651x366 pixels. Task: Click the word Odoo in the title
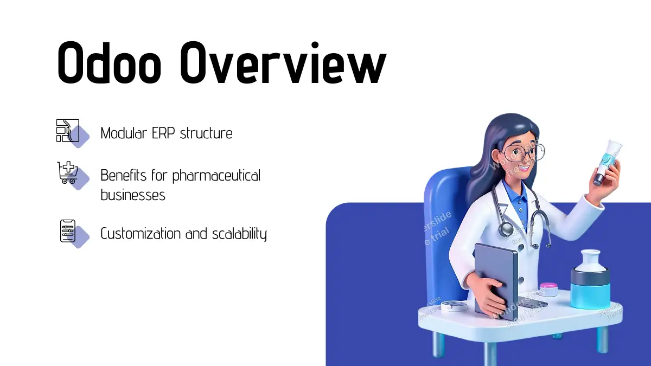pyautogui.click(x=109, y=63)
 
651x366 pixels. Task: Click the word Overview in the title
pyautogui.click(x=283, y=63)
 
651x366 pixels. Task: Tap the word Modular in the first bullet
pyautogui.click(x=124, y=133)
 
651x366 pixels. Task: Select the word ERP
pyautogui.click(x=163, y=133)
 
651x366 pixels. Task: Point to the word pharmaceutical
pyautogui.click(x=216, y=176)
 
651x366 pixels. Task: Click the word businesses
pyautogui.click(x=133, y=195)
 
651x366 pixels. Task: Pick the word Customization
pyautogui.click(x=141, y=234)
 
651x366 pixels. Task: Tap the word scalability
pyautogui.click(x=239, y=234)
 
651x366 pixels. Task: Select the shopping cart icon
pyautogui.click(x=68, y=172)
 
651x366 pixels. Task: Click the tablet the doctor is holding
pyautogui.click(x=496, y=281)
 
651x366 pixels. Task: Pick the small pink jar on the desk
pyautogui.click(x=548, y=290)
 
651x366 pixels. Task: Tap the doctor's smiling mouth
pyautogui.click(x=526, y=169)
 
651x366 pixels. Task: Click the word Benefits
pyautogui.click(x=124, y=175)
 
